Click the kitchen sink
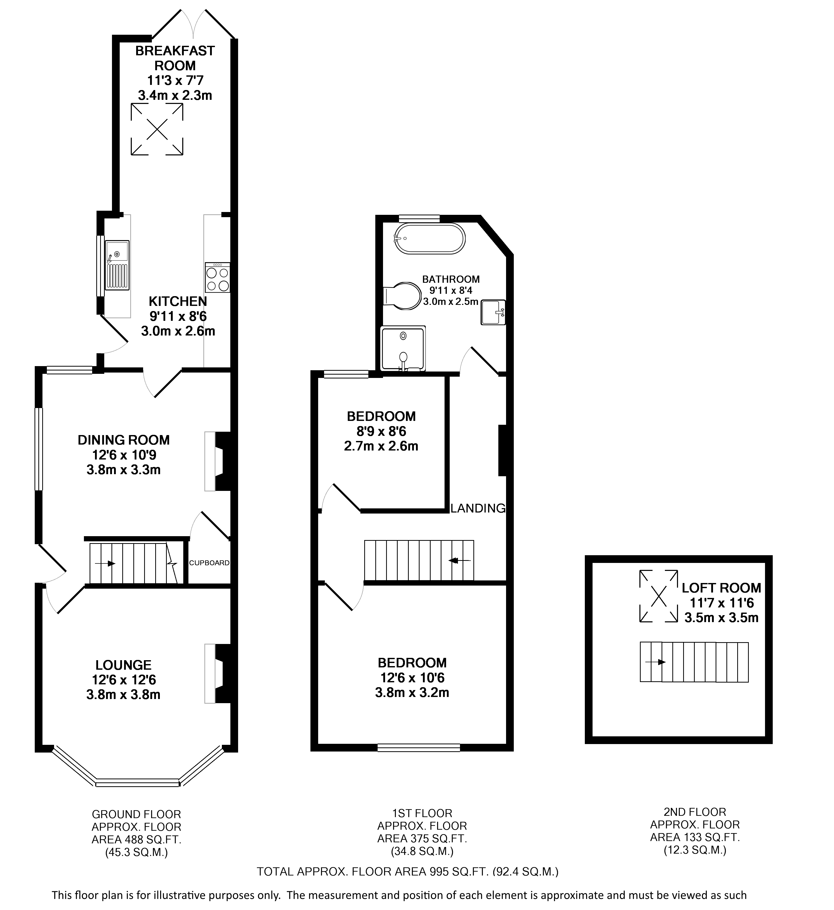[x=117, y=265]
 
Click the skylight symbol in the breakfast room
[x=157, y=130]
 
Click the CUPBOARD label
[x=209, y=563]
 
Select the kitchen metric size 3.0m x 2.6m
[x=178, y=331]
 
